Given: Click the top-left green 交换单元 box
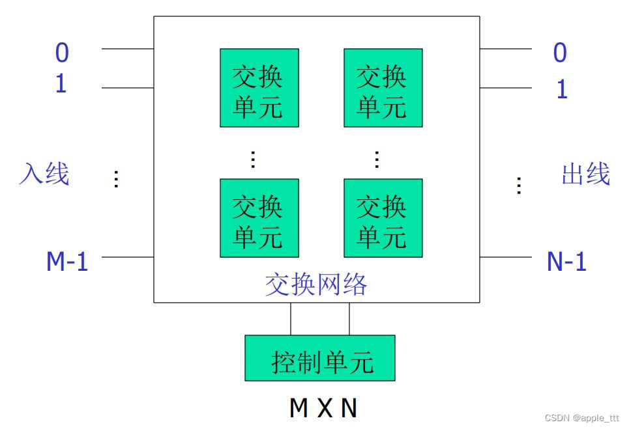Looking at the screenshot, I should (x=259, y=88).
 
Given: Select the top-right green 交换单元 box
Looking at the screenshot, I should (x=383, y=88).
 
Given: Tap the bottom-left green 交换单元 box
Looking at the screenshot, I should (x=259, y=218).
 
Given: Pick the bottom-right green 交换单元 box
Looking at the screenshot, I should (x=383, y=218).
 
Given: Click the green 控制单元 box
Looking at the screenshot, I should (x=320, y=358).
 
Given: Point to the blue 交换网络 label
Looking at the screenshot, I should (x=316, y=285).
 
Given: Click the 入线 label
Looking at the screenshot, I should (x=44, y=174).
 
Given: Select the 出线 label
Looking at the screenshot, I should (x=585, y=174).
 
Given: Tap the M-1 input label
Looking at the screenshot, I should (x=67, y=262).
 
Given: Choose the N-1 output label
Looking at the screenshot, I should (x=566, y=262).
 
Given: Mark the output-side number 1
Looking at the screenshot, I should (x=561, y=89).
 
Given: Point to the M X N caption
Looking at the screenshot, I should (x=323, y=408).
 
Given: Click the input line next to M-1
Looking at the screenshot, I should (x=127, y=257).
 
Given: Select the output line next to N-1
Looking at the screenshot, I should (x=505, y=257).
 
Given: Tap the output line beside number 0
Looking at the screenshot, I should (x=505, y=49).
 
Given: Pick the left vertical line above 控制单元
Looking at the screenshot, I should (x=291, y=319).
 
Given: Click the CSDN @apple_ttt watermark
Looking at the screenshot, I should (x=581, y=418).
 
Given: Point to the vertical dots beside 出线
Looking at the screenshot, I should (x=519, y=186).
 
